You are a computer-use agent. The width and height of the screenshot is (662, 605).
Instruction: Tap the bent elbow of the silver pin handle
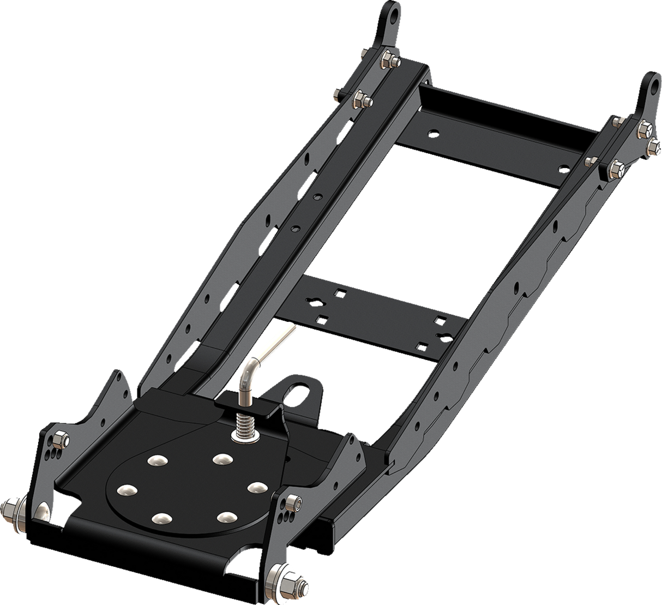click(x=248, y=367)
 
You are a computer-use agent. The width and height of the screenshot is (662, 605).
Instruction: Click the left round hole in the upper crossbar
click(x=432, y=132)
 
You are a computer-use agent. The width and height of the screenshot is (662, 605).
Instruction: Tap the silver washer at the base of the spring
click(x=240, y=435)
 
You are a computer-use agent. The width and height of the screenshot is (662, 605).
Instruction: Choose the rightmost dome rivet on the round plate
click(x=254, y=486)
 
